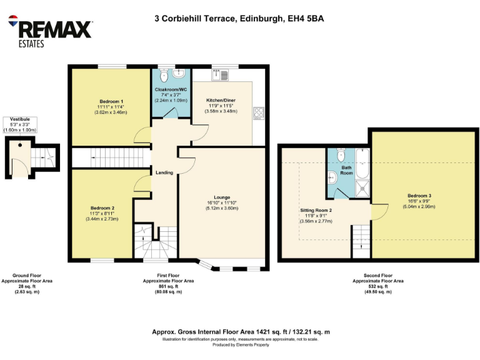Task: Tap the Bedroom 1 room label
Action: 111,101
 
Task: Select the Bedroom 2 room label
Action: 102,208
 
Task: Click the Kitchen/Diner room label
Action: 222,99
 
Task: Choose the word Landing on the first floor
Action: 164,172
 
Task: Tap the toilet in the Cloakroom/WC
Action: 164,76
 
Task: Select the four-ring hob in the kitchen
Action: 258,113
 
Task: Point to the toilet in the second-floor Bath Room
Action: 339,154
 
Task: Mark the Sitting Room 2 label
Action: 316,210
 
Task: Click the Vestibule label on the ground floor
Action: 21,119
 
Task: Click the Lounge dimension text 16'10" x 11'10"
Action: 223,202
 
